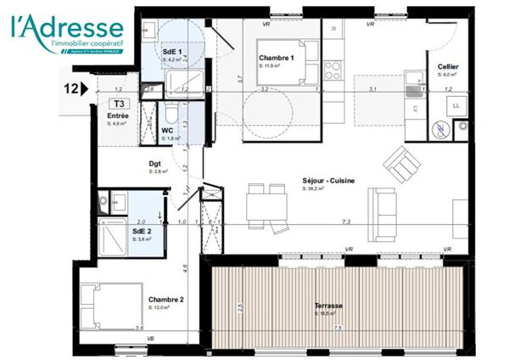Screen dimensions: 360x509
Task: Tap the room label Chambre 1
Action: coord(277,59)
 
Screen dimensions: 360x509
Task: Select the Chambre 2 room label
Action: coord(165,300)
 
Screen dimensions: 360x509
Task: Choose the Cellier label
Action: coord(449,67)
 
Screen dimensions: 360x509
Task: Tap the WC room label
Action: coord(168,130)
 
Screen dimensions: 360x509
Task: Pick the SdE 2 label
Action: coord(142,231)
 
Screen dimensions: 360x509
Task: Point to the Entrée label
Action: coord(116,115)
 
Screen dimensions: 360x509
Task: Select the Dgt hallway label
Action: coord(156,164)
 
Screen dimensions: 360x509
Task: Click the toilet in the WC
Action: coord(171,112)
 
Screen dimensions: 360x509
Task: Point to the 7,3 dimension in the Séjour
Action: coord(346,222)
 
